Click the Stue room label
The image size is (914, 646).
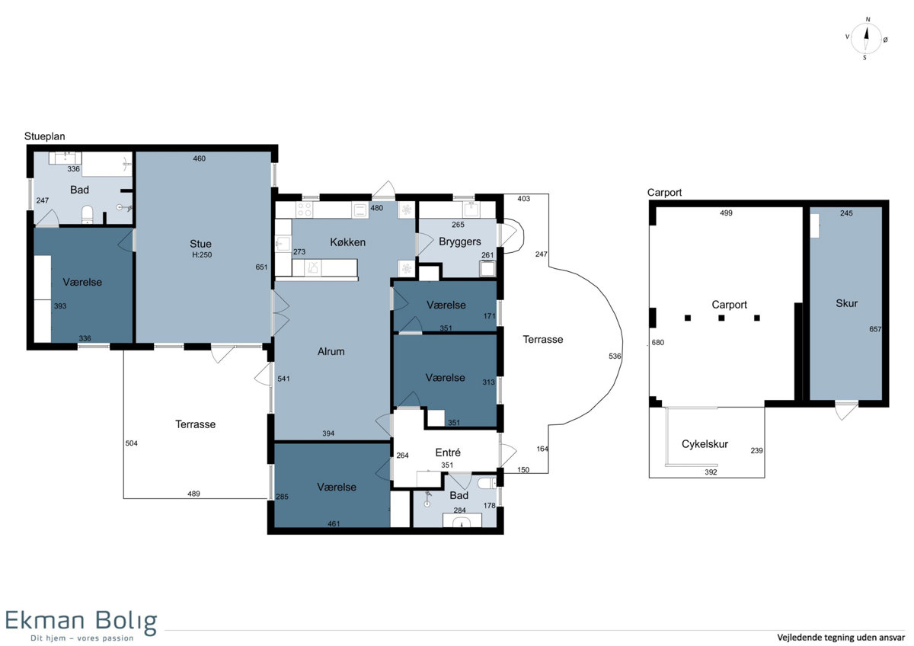200,244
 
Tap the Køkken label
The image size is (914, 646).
347,242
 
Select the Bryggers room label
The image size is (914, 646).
460,241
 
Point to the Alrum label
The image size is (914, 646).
331,351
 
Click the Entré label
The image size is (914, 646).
448,453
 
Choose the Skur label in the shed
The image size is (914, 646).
846,303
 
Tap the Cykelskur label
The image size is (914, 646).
705,444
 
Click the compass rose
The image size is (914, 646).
866,39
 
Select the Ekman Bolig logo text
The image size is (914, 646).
81,621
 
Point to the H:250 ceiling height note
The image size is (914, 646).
202,254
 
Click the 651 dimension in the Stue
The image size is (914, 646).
261,267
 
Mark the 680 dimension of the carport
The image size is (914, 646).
658,342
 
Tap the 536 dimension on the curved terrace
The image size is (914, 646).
615,356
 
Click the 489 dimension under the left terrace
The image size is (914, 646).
193,494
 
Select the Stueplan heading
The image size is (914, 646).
44,136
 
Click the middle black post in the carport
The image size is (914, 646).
721,318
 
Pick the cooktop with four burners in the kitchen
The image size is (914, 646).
305,209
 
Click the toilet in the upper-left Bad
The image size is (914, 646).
88,214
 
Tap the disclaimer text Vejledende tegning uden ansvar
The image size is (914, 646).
841,637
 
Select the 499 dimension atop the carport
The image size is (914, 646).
726,213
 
